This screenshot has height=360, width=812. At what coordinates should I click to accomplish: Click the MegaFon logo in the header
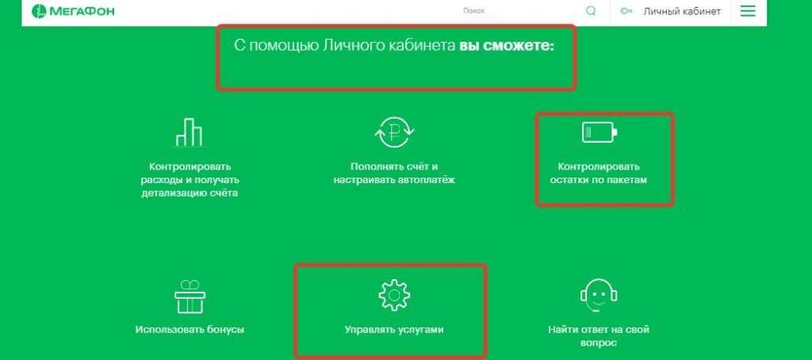pos(73,11)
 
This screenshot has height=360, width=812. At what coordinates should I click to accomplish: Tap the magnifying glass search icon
pos(591,11)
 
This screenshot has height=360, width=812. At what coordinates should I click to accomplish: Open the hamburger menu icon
pos(748,11)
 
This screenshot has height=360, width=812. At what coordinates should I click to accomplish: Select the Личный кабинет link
pos(682,11)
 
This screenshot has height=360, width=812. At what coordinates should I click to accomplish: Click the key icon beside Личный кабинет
pos(626,11)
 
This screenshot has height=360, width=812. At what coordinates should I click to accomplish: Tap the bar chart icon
pos(188,132)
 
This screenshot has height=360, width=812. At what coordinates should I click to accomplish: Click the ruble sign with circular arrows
pos(395,132)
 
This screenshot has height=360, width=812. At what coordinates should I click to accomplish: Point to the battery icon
pos(599,132)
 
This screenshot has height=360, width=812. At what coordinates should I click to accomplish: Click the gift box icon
pos(190,297)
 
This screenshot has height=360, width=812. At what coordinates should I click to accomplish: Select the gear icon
pos(394,295)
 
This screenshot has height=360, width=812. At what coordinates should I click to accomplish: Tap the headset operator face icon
pos(599,295)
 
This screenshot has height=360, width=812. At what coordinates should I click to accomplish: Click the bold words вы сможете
pos(507,45)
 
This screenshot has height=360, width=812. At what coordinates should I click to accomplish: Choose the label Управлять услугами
pos(394,329)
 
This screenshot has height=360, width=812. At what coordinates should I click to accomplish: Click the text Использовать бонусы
pos(190,329)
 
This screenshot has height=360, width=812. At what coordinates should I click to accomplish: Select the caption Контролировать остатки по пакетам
pos(599,174)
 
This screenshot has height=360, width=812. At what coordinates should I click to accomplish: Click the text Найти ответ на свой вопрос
pos(599,336)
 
